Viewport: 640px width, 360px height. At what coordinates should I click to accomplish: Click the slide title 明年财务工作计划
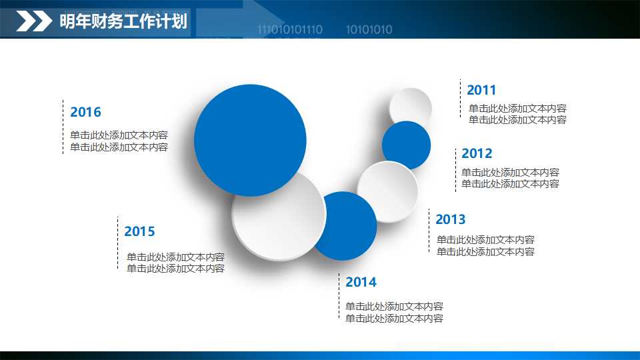tap(123, 22)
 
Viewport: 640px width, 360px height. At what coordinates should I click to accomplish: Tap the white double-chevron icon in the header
tap(34, 22)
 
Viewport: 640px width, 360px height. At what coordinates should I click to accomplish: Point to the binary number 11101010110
tap(290, 30)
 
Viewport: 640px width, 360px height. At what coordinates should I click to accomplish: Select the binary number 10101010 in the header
tap(369, 30)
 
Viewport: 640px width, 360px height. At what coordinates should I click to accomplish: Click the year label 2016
tap(85, 112)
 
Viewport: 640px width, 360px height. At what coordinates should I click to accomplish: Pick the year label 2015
tap(139, 231)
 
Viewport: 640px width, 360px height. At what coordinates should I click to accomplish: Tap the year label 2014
tap(361, 282)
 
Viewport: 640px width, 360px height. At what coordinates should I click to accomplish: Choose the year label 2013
tap(451, 219)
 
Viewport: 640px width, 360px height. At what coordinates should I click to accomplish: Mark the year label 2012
tap(477, 153)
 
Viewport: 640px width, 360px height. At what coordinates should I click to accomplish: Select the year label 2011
tap(481, 90)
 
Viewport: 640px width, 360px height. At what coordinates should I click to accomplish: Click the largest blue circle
tap(250, 140)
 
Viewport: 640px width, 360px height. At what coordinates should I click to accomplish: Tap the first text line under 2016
tap(119, 135)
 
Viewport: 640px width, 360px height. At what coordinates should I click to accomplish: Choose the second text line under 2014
tap(394, 319)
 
